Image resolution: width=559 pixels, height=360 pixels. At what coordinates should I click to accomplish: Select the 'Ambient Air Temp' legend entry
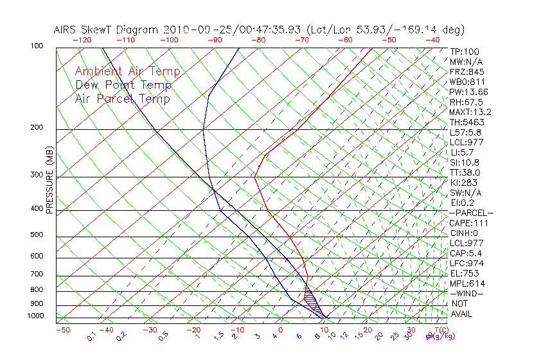(x=128, y=71)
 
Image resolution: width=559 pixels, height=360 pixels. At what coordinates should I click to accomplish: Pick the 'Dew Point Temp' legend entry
(x=123, y=85)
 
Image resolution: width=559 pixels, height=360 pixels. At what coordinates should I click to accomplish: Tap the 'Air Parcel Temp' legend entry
(x=122, y=98)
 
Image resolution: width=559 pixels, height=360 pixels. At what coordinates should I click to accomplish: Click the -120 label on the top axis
(x=82, y=40)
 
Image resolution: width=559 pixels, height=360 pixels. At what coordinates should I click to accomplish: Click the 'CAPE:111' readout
(x=469, y=223)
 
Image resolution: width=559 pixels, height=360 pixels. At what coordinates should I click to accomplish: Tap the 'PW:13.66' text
(x=469, y=92)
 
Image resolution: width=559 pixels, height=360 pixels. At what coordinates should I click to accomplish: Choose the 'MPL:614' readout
(x=468, y=283)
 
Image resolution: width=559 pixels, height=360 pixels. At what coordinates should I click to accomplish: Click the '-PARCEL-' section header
(x=471, y=213)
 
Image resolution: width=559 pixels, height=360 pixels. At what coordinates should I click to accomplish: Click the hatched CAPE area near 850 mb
(x=311, y=298)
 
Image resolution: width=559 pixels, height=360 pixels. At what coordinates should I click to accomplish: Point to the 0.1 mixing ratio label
(x=92, y=336)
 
